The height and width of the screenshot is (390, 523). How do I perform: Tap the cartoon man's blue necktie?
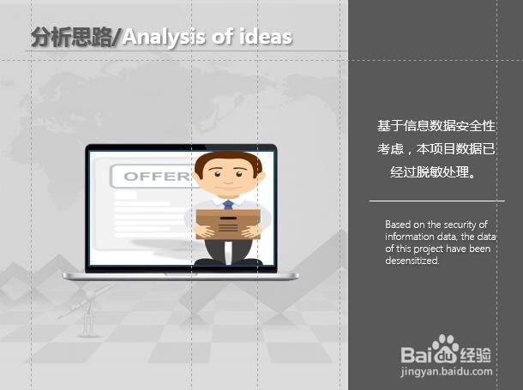tap(228, 205)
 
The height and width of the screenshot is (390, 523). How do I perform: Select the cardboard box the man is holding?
tap(227, 222)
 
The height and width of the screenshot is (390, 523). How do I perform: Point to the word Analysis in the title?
tap(161, 37)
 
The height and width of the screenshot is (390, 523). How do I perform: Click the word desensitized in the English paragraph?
tap(412, 261)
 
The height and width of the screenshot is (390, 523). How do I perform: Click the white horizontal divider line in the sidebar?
tap(437, 201)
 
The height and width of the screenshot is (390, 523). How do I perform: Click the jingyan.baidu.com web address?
tap(447, 372)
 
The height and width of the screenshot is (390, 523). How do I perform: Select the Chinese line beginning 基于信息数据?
tap(436, 126)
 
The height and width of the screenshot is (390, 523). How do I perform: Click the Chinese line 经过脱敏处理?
tap(430, 172)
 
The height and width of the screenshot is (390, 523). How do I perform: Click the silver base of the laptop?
tap(180, 276)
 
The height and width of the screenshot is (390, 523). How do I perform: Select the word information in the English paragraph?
tap(407, 237)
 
